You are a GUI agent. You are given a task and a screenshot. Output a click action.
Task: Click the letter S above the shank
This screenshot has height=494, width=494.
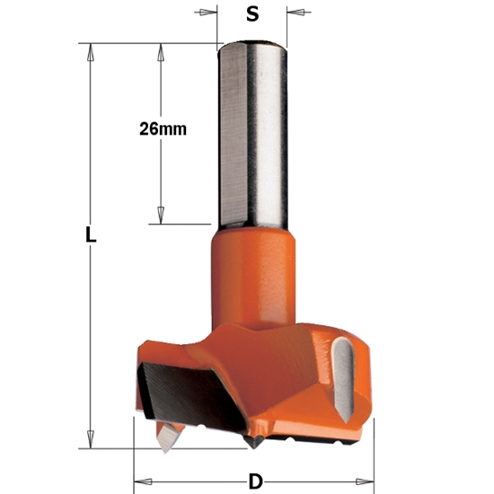[253, 15]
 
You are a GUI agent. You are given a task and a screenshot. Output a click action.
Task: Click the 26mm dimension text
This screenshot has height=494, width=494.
[163, 128]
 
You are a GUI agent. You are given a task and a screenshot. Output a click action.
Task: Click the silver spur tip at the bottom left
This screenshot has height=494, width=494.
[167, 438]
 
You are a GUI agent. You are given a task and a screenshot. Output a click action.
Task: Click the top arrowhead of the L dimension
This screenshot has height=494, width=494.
[90, 50]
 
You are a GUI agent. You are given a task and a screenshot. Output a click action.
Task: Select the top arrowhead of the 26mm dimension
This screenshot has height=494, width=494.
[162, 50]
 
